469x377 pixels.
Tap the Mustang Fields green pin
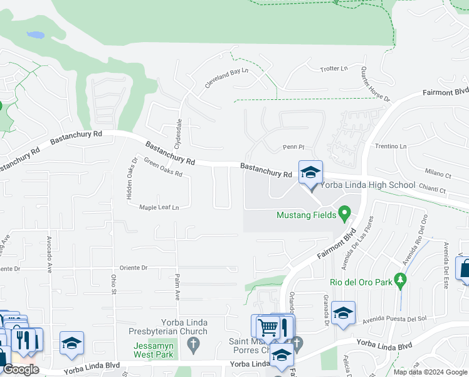pyautogui.click(x=344, y=215)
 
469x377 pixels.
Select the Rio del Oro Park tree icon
pyautogui.click(x=399, y=280)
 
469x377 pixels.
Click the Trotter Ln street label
pyautogui.click(x=334, y=68)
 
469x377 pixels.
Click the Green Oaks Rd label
pyautogui.click(x=162, y=167)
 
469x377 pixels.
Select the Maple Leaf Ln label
pyautogui.click(x=159, y=207)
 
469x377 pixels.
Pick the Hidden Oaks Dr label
pyautogui.click(x=132, y=178)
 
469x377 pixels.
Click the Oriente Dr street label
pyautogui.click(x=129, y=268)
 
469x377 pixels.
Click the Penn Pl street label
pyautogui.click(x=293, y=147)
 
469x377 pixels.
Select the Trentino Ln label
pyautogui.click(x=391, y=146)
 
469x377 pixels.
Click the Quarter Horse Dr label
pyautogui.click(x=375, y=84)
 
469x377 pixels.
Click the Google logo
pyautogui.click(x=21, y=369)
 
